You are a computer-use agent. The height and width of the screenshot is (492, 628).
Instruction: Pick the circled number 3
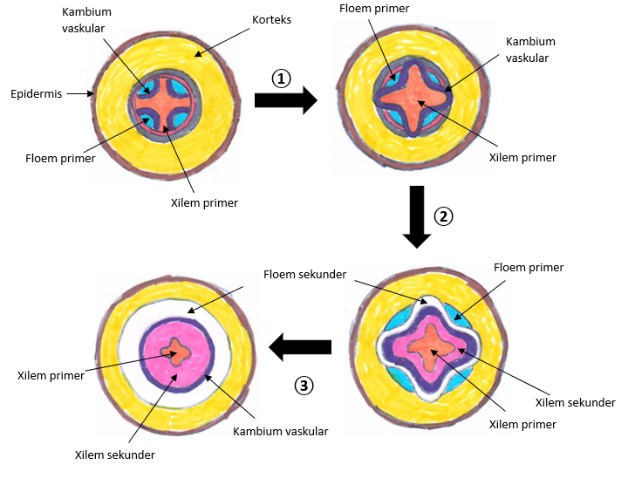pos(303,385)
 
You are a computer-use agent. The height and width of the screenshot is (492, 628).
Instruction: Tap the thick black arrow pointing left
pos(300,348)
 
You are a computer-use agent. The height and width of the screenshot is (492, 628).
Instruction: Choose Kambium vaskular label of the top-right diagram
pos(530,50)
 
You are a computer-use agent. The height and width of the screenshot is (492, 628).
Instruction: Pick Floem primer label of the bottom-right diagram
pos(529,267)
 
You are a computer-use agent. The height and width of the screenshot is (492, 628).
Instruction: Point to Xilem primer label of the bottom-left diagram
pos(51,376)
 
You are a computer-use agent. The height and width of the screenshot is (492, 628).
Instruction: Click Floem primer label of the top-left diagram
pos(60,159)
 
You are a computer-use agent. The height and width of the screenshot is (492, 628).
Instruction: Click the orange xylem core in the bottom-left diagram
pos(180,352)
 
